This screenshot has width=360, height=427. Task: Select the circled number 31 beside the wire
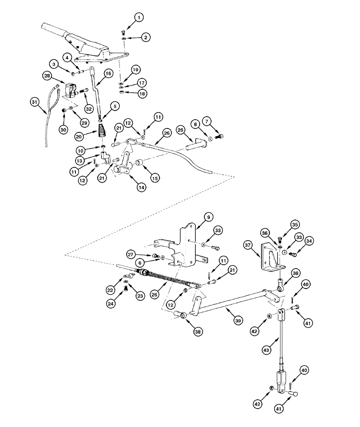tap(35, 102)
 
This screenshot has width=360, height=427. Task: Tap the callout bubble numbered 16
tap(107, 73)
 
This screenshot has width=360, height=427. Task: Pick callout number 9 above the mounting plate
tap(207, 217)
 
